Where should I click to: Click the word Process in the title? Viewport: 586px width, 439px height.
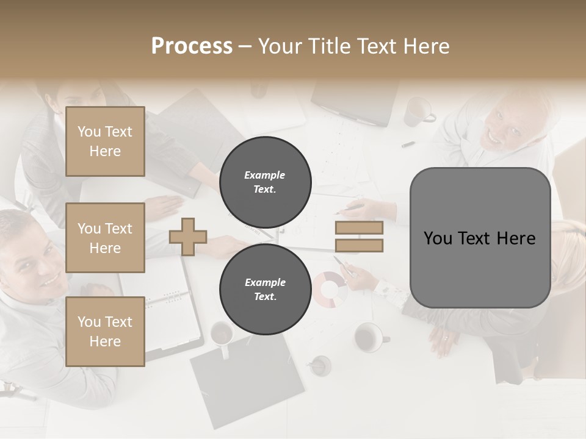[192, 46]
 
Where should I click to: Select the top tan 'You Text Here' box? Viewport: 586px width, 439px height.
[105, 141]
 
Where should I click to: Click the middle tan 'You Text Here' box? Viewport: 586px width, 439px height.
[105, 238]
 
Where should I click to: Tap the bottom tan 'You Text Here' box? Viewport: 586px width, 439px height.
[105, 332]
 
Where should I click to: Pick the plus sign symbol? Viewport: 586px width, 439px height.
[188, 236]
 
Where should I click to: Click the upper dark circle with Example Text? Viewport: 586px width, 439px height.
[265, 182]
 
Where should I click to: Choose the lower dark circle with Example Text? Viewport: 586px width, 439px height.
[265, 290]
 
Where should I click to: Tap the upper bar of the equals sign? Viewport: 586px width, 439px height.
[359, 228]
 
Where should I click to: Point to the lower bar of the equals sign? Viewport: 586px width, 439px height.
[359, 245]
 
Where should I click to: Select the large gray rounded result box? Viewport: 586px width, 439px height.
[480, 238]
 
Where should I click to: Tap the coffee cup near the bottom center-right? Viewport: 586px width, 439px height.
[368, 337]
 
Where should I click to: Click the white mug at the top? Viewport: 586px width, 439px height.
[418, 112]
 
